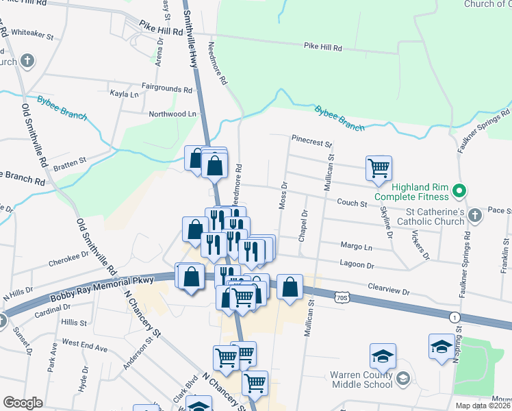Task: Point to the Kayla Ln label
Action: click(x=124, y=94)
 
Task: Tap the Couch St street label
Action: click(x=353, y=203)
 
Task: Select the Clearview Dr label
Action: click(x=388, y=288)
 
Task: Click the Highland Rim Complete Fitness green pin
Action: click(x=460, y=190)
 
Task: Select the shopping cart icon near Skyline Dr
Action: click(x=379, y=168)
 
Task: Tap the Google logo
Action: click(x=23, y=403)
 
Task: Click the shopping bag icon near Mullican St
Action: click(x=290, y=286)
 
